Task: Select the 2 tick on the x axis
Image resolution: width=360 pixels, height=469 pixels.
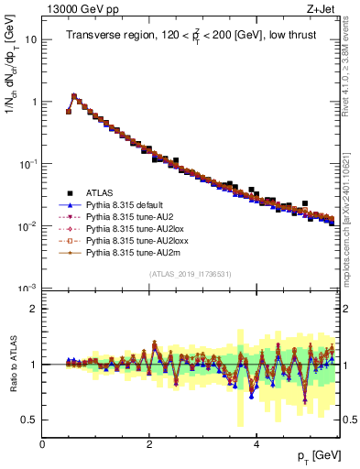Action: point(150,444)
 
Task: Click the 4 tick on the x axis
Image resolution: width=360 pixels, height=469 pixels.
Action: point(257,444)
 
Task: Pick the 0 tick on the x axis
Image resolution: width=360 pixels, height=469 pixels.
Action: point(43,444)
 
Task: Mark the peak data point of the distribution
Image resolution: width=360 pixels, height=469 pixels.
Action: point(74,95)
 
